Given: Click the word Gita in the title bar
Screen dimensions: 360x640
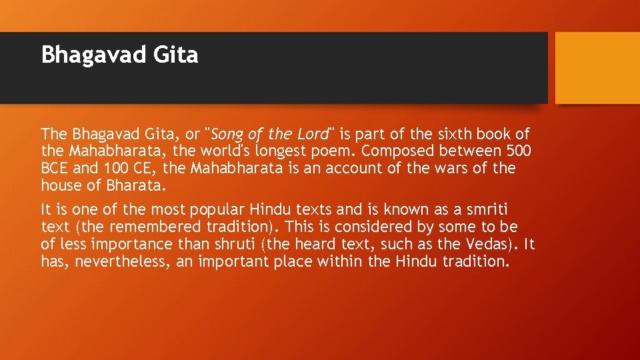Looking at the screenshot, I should (x=178, y=55).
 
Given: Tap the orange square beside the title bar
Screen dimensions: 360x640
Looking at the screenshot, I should (x=597, y=68).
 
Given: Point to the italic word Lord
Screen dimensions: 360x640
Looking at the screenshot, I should (x=313, y=134).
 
